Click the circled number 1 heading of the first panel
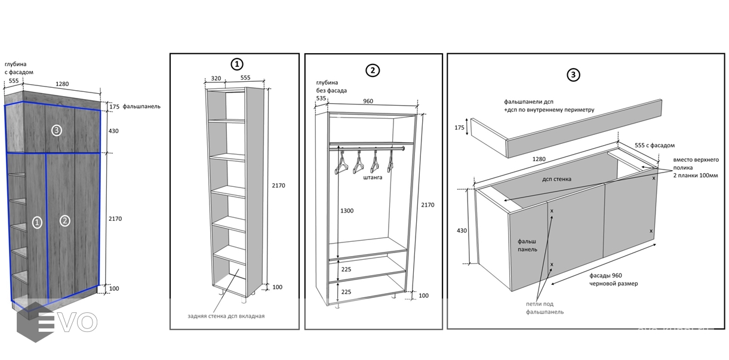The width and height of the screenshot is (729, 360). point(237,64)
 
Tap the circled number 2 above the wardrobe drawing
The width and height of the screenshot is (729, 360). point(373,70)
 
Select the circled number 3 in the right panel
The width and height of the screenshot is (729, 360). point(573,75)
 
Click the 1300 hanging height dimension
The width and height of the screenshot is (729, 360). point(347,211)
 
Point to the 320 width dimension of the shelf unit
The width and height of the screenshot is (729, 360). point(216,78)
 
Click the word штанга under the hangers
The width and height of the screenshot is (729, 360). point(373,178)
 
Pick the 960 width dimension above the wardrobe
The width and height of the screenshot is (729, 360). point(368,101)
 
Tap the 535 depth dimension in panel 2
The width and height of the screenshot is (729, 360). point(321,98)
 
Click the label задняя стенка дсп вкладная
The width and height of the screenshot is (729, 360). point(226,316)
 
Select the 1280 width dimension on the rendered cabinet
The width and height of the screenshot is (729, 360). point(62,84)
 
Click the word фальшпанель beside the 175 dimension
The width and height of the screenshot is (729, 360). point(142,106)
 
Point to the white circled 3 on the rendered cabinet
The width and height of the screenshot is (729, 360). point(56,131)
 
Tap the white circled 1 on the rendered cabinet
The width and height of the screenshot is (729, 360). point(37,223)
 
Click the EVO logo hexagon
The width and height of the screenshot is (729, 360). point(30,322)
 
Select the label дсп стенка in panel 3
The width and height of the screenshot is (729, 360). point(557,179)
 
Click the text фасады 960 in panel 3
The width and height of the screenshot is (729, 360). point(605,276)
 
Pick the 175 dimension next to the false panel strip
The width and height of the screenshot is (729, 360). point(459,128)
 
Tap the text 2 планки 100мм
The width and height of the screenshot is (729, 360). point(696,176)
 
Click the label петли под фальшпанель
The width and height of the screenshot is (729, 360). point(545,308)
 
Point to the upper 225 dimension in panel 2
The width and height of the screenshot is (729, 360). point(346,269)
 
